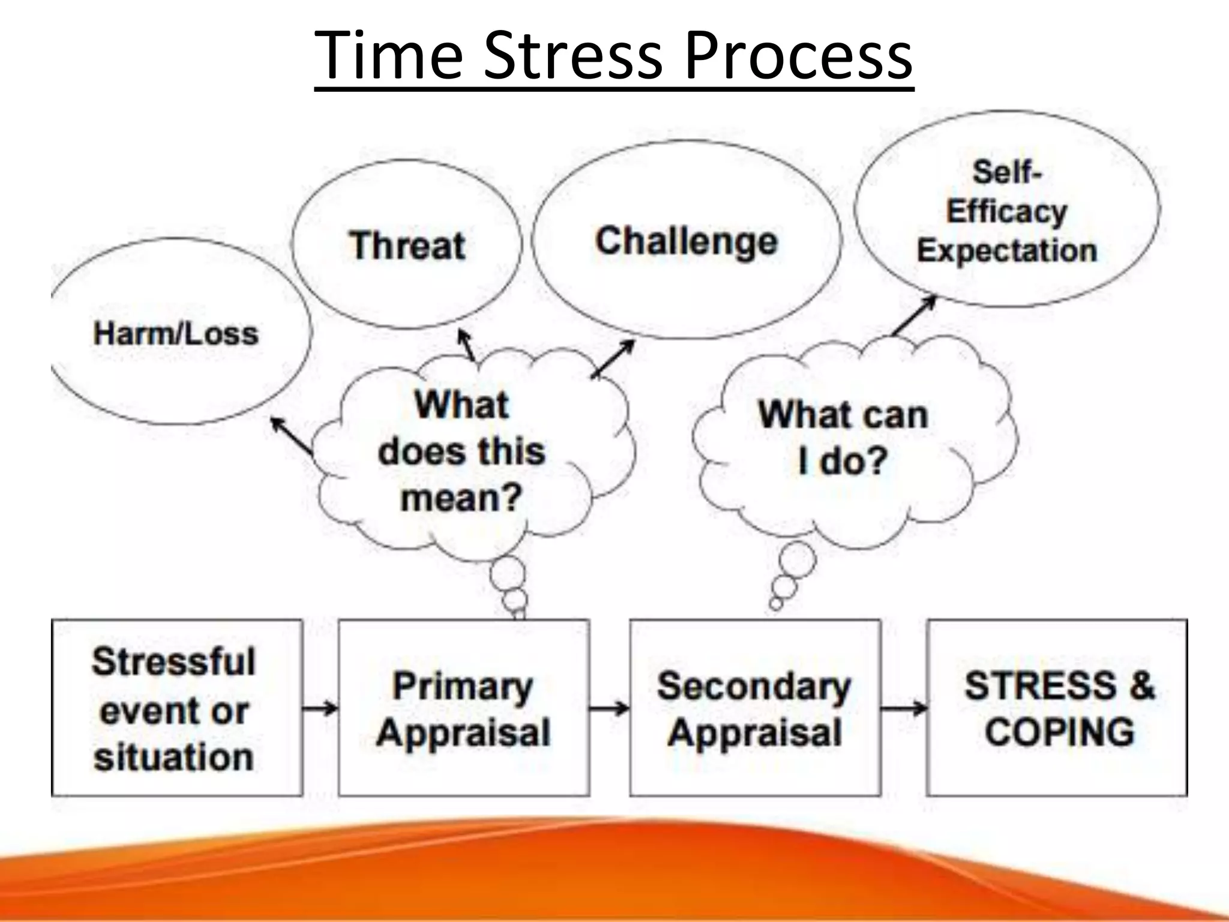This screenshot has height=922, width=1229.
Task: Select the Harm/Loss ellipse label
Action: click(x=176, y=333)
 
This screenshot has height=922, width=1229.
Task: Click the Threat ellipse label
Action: click(x=407, y=246)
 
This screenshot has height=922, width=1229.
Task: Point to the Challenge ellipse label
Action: click(x=686, y=241)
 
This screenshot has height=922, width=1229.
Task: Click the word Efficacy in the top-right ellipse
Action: click(x=1006, y=211)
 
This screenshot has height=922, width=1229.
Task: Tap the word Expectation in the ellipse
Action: click(x=1006, y=250)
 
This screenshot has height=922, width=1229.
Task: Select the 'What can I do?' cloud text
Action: click(x=843, y=438)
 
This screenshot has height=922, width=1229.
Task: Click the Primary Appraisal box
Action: click(x=463, y=708)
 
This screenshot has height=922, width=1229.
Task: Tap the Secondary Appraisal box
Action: click(x=754, y=708)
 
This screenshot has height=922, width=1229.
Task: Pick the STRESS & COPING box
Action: click(x=1058, y=708)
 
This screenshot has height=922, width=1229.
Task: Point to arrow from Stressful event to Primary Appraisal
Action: click(x=320, y=709)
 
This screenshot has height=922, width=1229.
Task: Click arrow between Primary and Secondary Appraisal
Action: click(x=609, y=709)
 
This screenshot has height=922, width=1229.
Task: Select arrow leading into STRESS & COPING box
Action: click(x=904, y=709)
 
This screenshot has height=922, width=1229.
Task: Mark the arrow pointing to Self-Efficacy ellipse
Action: click(x=913, y=315)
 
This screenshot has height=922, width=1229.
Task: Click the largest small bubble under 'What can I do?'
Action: click(x=798, y=559)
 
